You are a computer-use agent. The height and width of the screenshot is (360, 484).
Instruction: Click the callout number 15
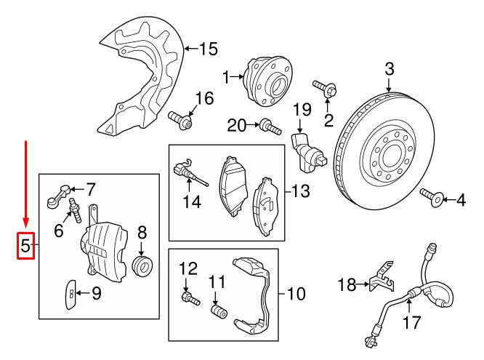coord(208,49)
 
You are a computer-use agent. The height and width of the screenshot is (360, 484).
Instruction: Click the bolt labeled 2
coord(326,91)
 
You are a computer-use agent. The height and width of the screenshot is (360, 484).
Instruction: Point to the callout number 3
coord(389,70)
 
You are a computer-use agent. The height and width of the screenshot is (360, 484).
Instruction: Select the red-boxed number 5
coord(25,247)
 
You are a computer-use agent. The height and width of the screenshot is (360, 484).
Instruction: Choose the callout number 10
coord(297,295)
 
